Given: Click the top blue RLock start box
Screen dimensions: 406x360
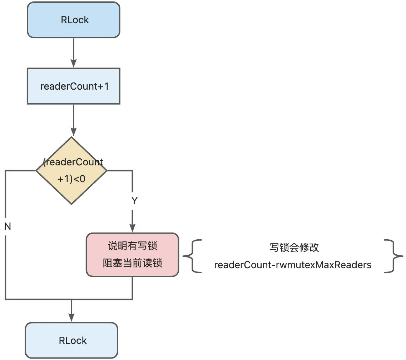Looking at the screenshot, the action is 74,20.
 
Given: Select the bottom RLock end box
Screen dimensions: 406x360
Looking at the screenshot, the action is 71,340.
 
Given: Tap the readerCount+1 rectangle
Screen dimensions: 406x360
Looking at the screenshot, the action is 74,86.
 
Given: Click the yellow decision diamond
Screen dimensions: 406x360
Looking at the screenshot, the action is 71,171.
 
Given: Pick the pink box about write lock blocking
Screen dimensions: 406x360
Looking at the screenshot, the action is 132,255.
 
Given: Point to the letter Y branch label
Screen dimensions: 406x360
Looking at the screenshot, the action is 134,201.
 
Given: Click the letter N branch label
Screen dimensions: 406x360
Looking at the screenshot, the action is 8,226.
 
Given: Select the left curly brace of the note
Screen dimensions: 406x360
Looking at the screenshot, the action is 192,256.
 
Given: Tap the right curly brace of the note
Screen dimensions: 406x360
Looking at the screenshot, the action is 393,256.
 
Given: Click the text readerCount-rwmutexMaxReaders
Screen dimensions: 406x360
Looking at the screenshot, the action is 293,265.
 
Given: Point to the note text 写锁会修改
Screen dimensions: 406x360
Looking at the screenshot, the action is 294,247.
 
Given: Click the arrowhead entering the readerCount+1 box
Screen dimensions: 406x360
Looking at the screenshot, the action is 74,63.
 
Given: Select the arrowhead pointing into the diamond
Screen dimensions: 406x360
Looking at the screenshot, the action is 74,131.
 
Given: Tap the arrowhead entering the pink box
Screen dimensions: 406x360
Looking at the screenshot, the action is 132,228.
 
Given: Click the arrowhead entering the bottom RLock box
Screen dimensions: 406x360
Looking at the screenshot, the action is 71,317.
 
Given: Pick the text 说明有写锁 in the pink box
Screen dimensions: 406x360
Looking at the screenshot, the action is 132,246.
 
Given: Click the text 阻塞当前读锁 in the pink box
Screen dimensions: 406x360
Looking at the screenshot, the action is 132,263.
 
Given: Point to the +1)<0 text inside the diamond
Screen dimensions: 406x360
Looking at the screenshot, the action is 71,179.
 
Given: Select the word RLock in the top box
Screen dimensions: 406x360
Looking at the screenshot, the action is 75,20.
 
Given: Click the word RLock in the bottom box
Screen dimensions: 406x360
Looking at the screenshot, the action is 73,341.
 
